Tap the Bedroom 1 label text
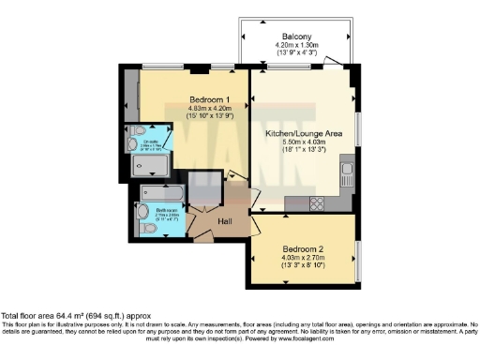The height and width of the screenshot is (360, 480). (208, 99)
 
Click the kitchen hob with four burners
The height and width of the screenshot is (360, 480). (316, 202)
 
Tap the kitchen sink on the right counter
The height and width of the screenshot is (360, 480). (346, 174)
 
